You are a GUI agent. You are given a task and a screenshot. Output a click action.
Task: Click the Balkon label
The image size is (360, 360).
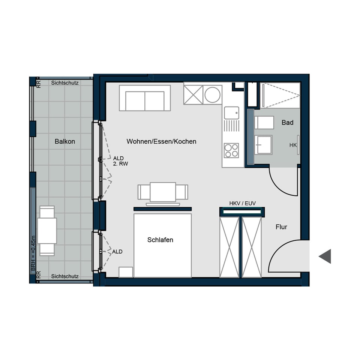65,141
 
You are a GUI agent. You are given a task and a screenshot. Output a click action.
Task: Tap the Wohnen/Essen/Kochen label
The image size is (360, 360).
161,141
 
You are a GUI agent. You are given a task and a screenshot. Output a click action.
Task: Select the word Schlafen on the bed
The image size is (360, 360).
160,240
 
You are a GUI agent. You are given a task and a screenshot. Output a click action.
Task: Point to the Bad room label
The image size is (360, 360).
288,123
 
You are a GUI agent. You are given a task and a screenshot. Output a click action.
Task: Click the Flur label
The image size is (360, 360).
281,227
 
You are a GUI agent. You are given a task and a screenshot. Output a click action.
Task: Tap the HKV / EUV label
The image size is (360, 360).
242,203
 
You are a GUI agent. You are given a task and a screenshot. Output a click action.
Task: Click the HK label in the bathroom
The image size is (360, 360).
293,145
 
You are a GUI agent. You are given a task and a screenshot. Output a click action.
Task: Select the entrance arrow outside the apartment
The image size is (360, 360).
325,256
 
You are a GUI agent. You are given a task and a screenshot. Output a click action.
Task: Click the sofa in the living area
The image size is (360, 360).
145,98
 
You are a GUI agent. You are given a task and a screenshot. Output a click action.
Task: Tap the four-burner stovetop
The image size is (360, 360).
231,150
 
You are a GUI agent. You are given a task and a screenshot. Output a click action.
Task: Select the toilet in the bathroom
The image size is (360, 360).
264,123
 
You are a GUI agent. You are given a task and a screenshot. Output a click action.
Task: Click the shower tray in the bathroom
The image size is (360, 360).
280,95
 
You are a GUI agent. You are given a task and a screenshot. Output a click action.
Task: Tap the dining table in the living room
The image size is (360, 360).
163,192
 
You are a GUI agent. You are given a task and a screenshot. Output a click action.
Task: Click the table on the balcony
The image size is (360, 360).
47,231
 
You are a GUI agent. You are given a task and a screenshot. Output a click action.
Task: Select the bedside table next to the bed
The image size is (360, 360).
126,272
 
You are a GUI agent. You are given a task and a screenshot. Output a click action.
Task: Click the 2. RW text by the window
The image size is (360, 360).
121,164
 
